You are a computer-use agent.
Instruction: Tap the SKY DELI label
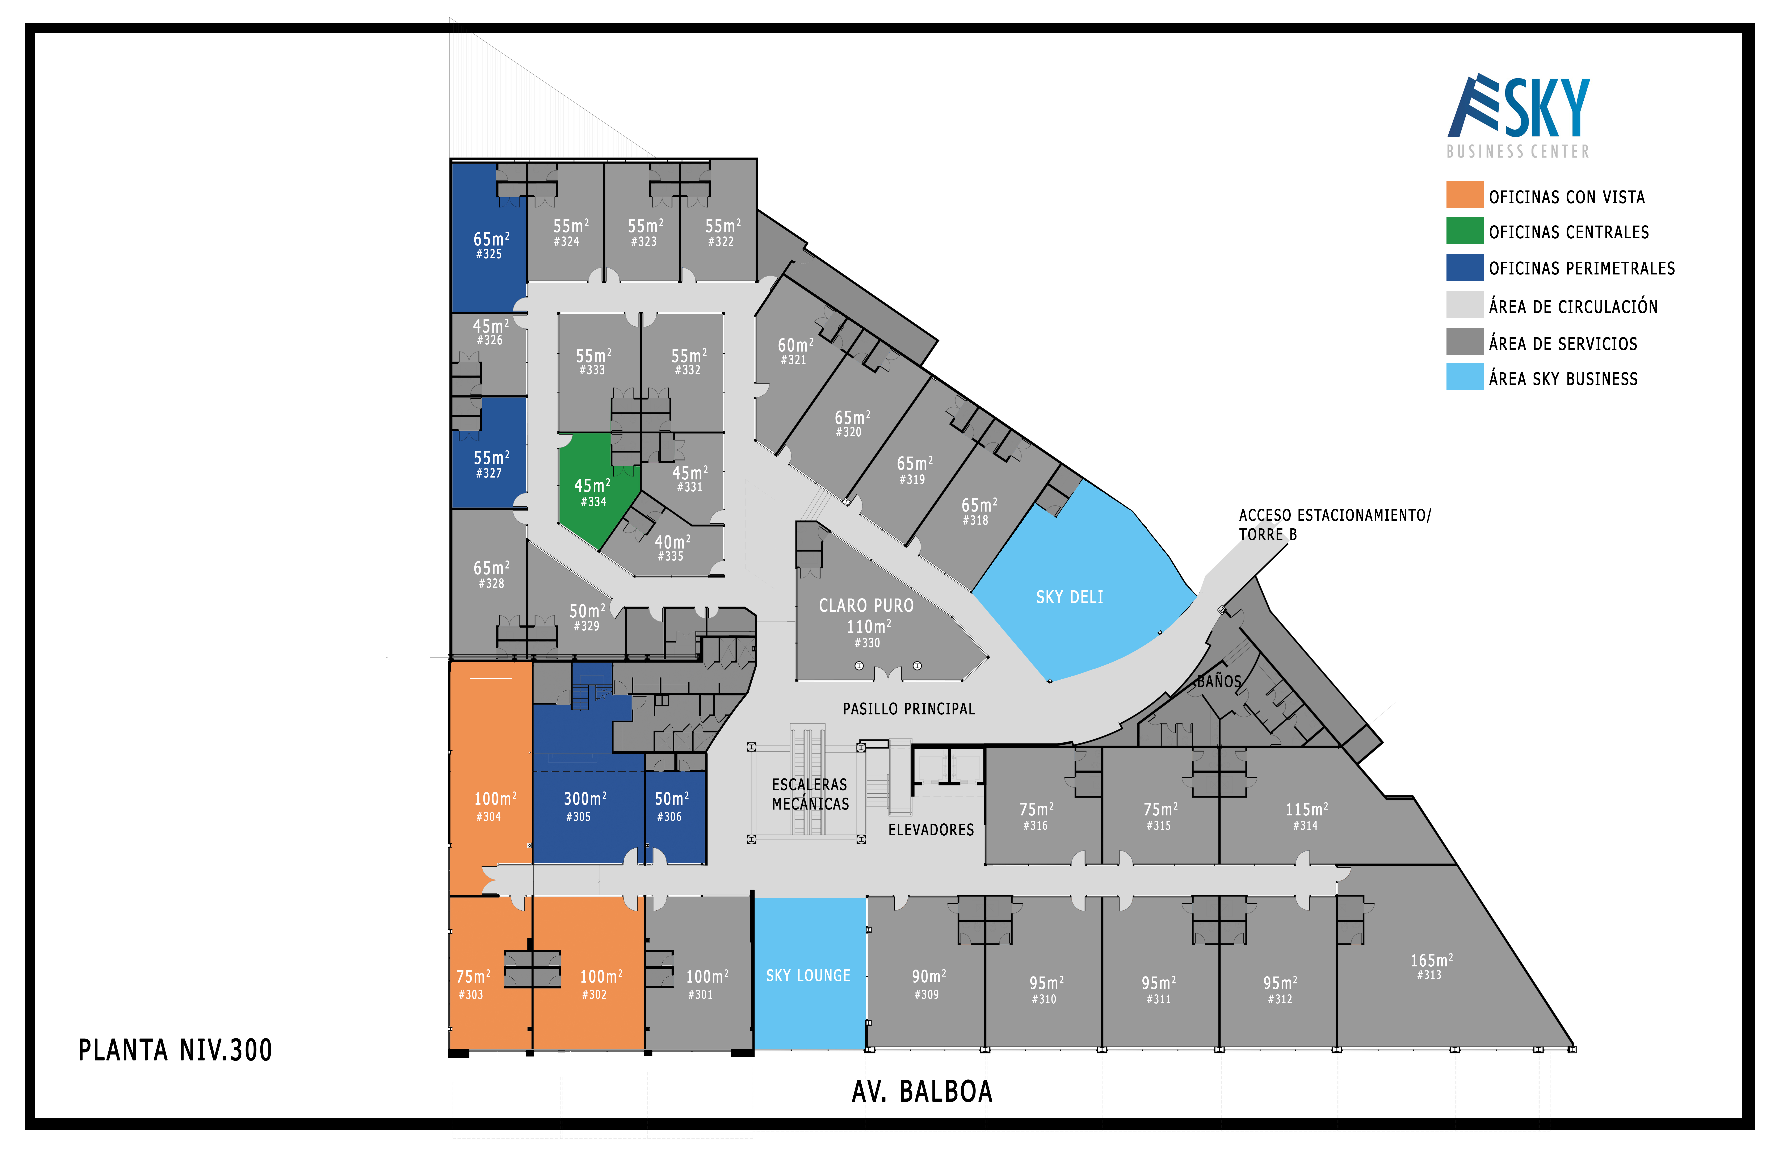tap(1070, 597)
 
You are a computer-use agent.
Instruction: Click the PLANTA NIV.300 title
tap(176, 1050)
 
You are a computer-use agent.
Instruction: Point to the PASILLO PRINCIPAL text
tap(909, 709)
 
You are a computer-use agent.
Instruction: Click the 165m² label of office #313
tap(1431, 961)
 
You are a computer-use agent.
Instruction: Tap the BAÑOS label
tap(1219, 681)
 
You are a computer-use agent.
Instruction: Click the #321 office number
tap(794, 360)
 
